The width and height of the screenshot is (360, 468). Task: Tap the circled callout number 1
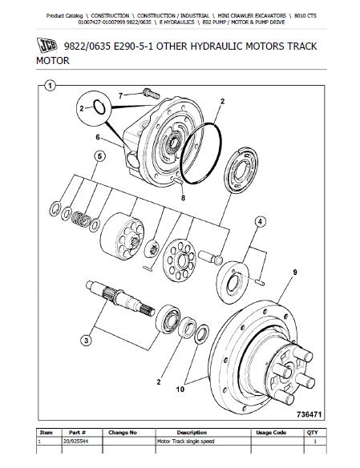50,86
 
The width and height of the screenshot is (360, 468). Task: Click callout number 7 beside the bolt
122,96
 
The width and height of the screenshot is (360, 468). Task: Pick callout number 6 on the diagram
98,137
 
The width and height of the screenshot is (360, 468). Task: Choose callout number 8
184,196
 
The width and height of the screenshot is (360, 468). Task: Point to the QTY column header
312,431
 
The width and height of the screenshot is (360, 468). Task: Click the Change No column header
123,431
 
